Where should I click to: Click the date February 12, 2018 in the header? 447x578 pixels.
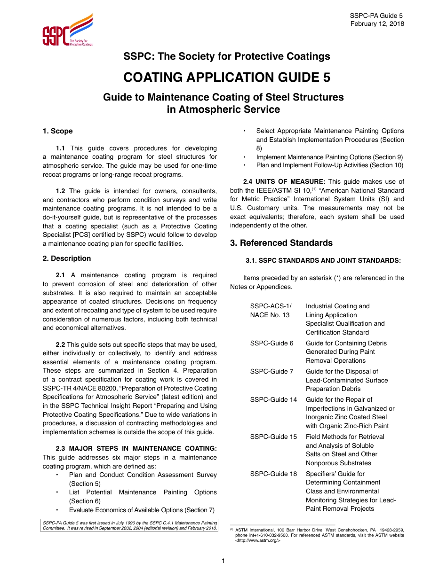(x=377, y=24)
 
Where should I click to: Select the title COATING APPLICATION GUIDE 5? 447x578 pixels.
(x=226, y=78)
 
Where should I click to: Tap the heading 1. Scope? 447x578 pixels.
(x=57, y=131)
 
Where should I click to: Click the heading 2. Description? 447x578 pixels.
(x=67, y=258)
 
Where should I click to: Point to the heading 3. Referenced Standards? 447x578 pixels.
(x=281, y=243)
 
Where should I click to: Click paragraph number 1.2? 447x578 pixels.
(x=60, y=191)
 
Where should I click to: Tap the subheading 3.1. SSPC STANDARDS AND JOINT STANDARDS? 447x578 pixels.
(x=323, y=260)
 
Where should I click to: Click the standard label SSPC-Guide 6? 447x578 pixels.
(x=271, y=343)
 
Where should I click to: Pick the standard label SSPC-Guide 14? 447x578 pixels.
(x=273, y=399)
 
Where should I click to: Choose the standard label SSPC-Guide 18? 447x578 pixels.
(x=273, y=474)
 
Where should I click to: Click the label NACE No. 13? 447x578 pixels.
(x=270, y=315)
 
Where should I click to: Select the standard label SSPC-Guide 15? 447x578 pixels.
(x=273, y=437)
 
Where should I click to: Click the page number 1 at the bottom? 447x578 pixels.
(x=223, y=561)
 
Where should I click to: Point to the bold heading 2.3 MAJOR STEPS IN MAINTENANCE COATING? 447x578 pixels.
(x=136, y=449)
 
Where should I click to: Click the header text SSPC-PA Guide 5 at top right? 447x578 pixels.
(x=376, y=16)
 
